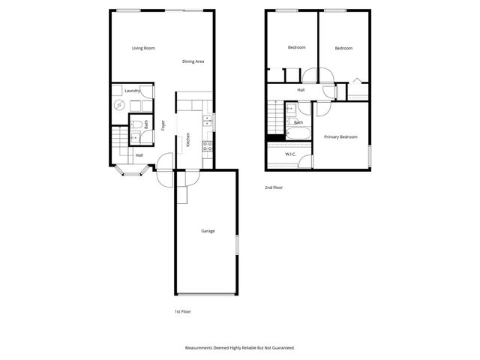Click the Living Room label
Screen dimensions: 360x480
coord(143,48)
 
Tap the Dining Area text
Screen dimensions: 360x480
coord(193,61)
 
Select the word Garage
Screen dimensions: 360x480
coord(208,231)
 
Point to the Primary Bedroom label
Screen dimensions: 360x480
coord(340,137)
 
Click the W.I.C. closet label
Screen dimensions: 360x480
coord(291,154)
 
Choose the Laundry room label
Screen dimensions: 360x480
coord(133,91)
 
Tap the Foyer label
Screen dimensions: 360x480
coord(163,125)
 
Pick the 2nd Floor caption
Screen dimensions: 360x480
coord(274,187)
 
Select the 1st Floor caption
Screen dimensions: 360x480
coord(182,311)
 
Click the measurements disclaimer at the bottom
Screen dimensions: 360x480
coord(240,348)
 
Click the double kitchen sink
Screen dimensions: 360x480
coord(208,121)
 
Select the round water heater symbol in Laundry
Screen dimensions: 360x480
coord(119,105)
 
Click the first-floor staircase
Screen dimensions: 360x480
coord(118,139)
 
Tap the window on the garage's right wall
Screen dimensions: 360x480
coord(237,246)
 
